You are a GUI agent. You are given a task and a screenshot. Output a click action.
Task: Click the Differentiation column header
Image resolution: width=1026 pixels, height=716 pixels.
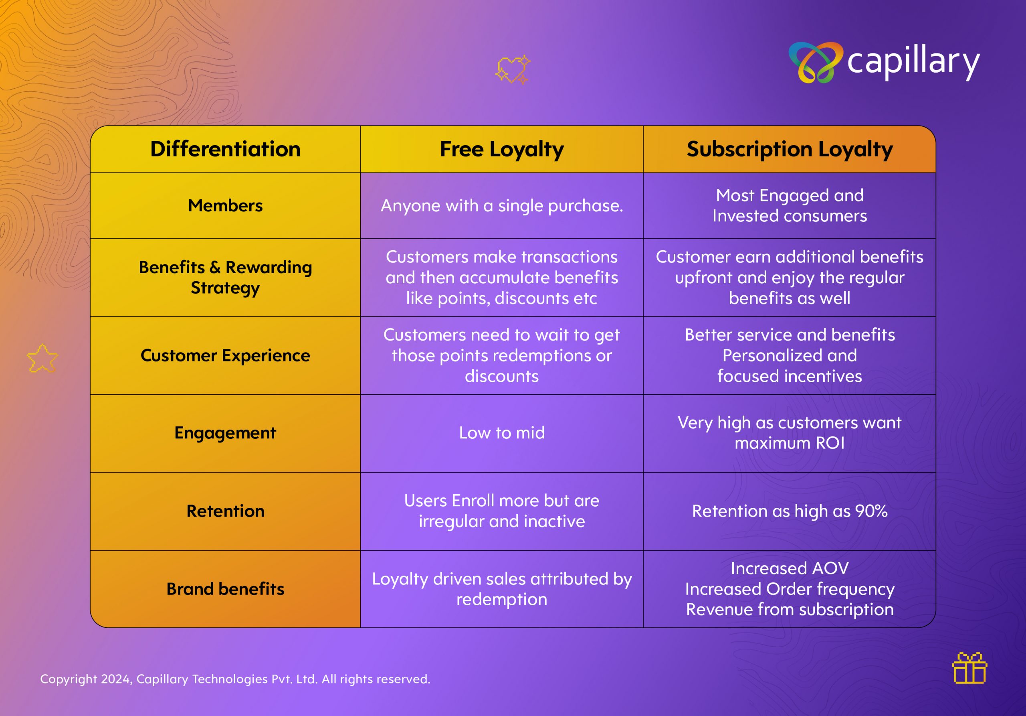(x=225, y=149)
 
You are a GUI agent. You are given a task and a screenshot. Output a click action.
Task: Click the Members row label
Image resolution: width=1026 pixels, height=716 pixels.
(x=225, y=206)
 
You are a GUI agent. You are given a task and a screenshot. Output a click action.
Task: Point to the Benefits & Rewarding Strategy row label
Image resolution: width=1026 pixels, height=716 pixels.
(x=225, y=278)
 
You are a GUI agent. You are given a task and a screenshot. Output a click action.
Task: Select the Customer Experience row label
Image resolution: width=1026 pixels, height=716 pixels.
(x=225, y=356)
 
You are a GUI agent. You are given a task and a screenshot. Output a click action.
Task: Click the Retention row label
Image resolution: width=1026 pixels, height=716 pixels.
(x=225, y=511)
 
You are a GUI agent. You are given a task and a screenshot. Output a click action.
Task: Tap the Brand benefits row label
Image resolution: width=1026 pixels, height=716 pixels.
(x=225, y=589)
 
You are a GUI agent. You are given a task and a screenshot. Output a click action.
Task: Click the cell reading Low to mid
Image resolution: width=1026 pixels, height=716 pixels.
(x=502, y=433)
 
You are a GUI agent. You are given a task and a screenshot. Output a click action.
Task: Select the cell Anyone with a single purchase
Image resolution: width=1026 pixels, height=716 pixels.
(x=502, y=206)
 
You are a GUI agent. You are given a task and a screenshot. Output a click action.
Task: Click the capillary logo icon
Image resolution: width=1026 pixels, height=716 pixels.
(x=816, y=62)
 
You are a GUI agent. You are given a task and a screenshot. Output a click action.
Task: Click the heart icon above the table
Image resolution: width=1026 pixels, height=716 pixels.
(x=513, y=69)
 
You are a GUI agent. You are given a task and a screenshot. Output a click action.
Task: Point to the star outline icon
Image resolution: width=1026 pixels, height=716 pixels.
(x=42, y=358)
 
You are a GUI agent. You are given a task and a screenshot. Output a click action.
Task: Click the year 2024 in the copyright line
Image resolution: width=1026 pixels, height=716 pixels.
(x=115, y=679)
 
